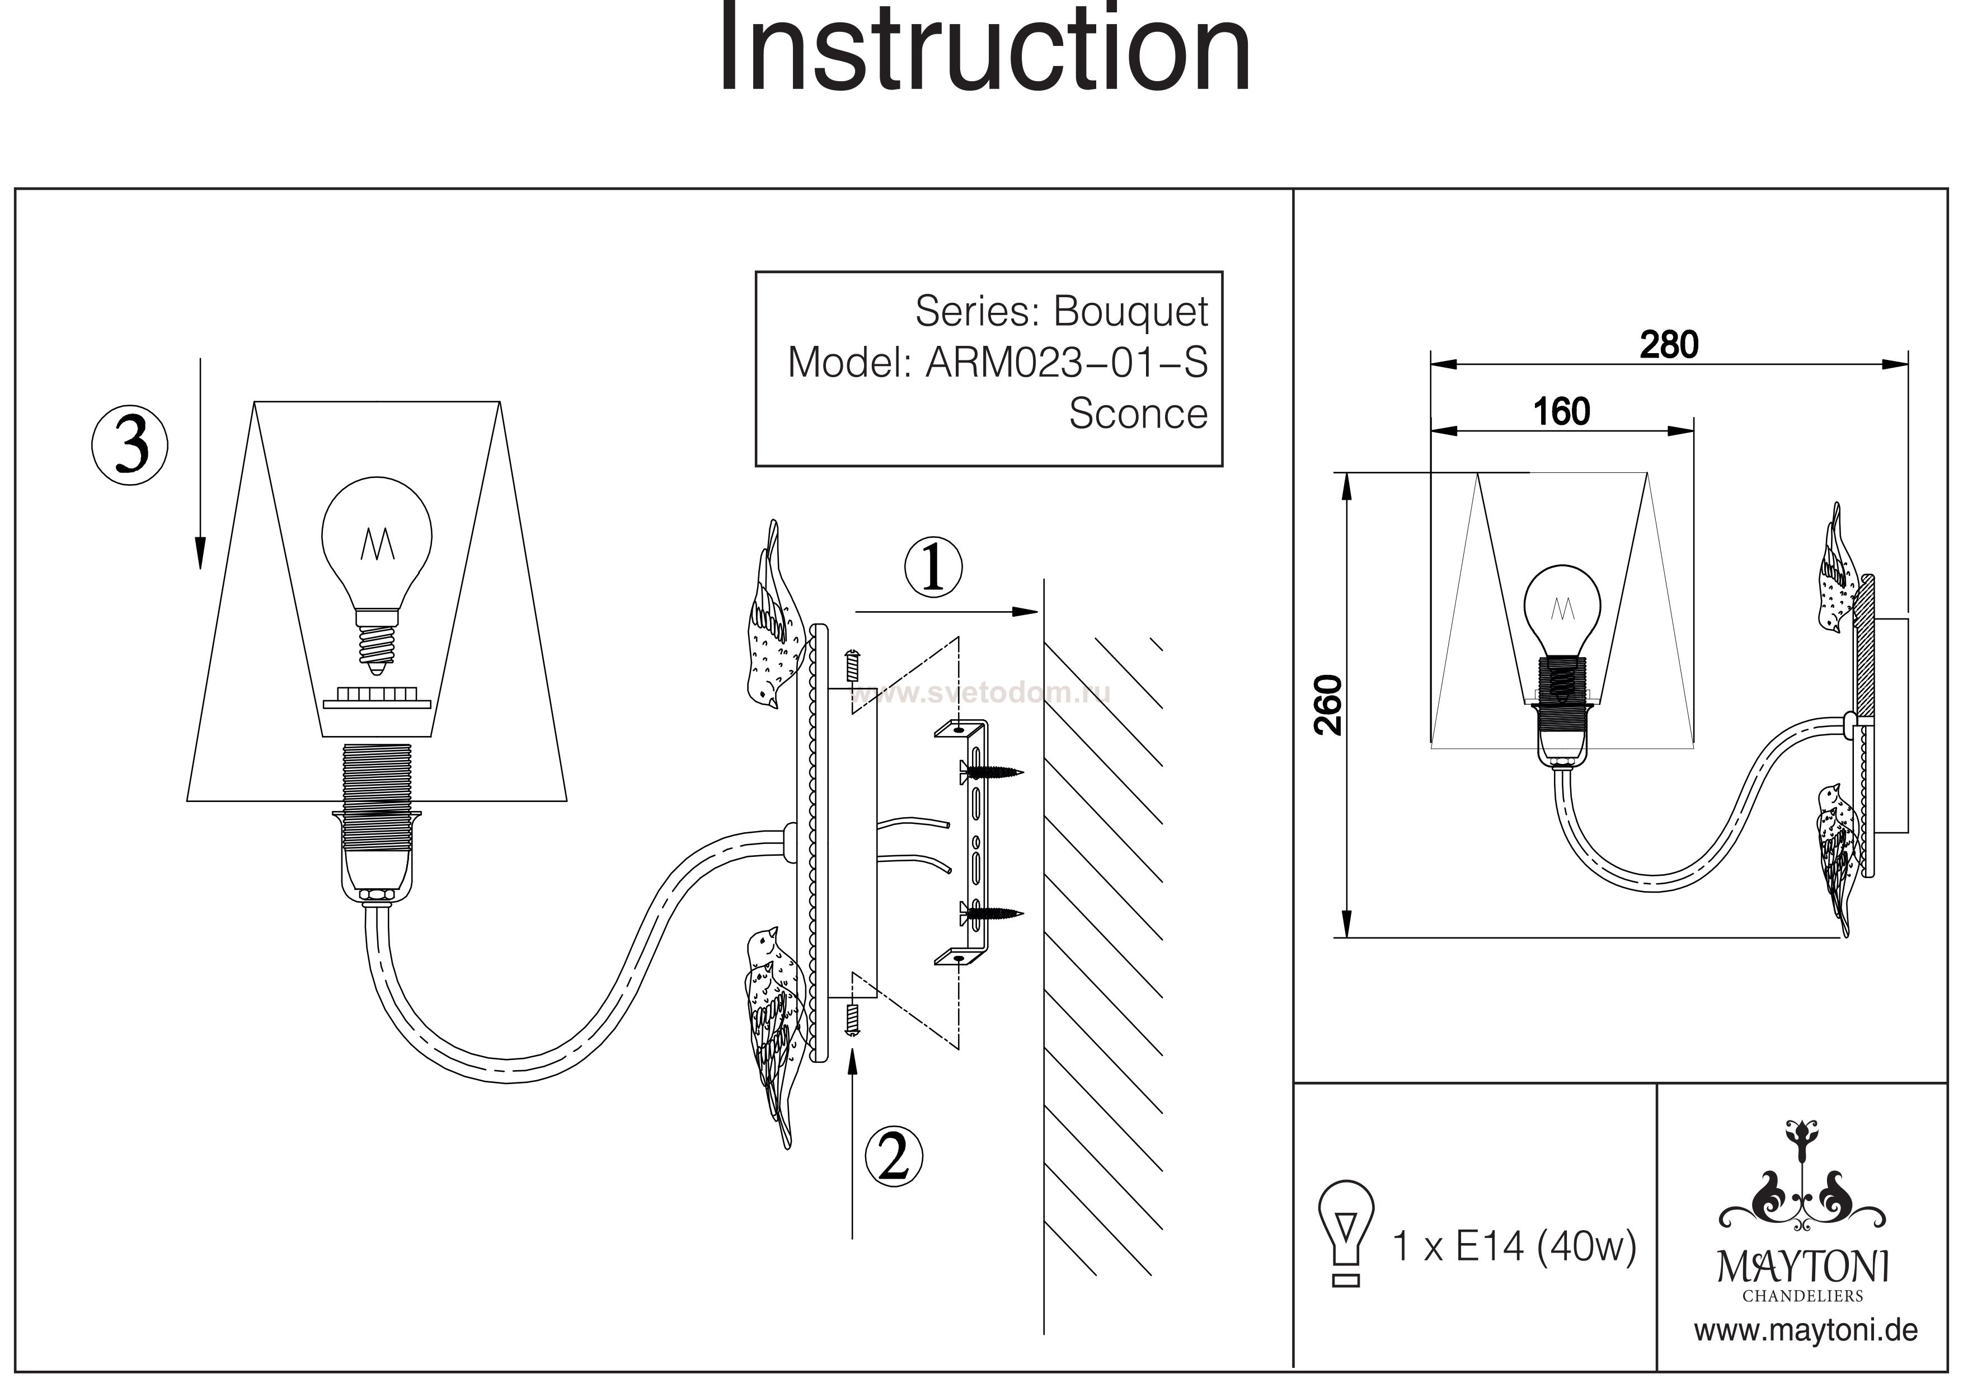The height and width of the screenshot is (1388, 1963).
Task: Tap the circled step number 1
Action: pyautogui.click(x=933, y=567)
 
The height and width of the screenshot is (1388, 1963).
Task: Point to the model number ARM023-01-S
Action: pyautogui.click(x=1066, y=363)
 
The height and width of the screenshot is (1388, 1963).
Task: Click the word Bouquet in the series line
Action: pyautogui.click(x=1130, y=311)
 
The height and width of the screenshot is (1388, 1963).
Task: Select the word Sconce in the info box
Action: pyautogui.click(x=1138, y=414)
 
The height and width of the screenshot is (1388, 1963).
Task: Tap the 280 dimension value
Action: pyautogui.click(x=1668, y=345)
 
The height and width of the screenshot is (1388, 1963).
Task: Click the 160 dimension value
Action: pyautogui.click(x=1561, y=412)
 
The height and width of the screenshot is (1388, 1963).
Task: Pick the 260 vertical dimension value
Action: pyautogui.click(x=1328, y=705)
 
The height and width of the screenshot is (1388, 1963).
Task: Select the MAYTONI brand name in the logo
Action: pyautogui.click(x=1803, y=1267)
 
